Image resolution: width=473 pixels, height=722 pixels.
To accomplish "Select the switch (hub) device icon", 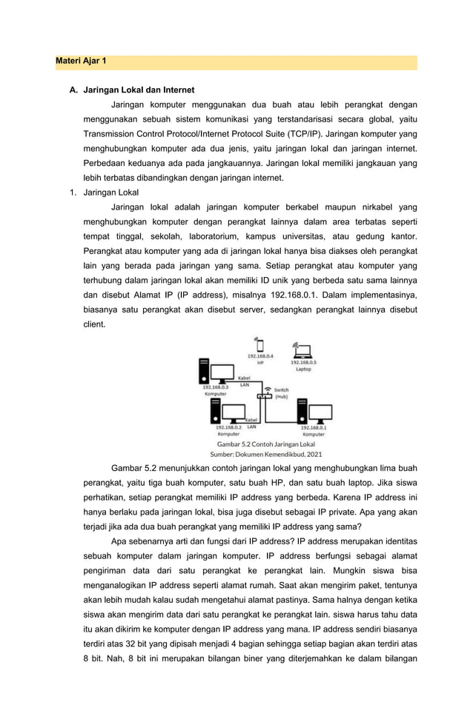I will pos(265,395).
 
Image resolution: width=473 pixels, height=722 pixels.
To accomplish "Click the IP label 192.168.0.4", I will pos(260,356).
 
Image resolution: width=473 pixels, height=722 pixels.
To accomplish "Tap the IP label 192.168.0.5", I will pos(303,362).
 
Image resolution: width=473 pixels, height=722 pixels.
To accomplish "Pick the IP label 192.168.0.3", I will pos(215,387).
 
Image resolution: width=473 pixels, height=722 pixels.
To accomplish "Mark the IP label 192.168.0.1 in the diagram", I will pos(314,427).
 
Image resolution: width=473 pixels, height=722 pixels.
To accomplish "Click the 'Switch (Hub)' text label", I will pos(282,393).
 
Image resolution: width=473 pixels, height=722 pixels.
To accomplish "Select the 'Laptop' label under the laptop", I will pos(303,369).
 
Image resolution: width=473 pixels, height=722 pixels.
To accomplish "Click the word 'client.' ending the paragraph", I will pos(94,324).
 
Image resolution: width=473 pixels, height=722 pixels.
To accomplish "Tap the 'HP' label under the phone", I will pos(260,363).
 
